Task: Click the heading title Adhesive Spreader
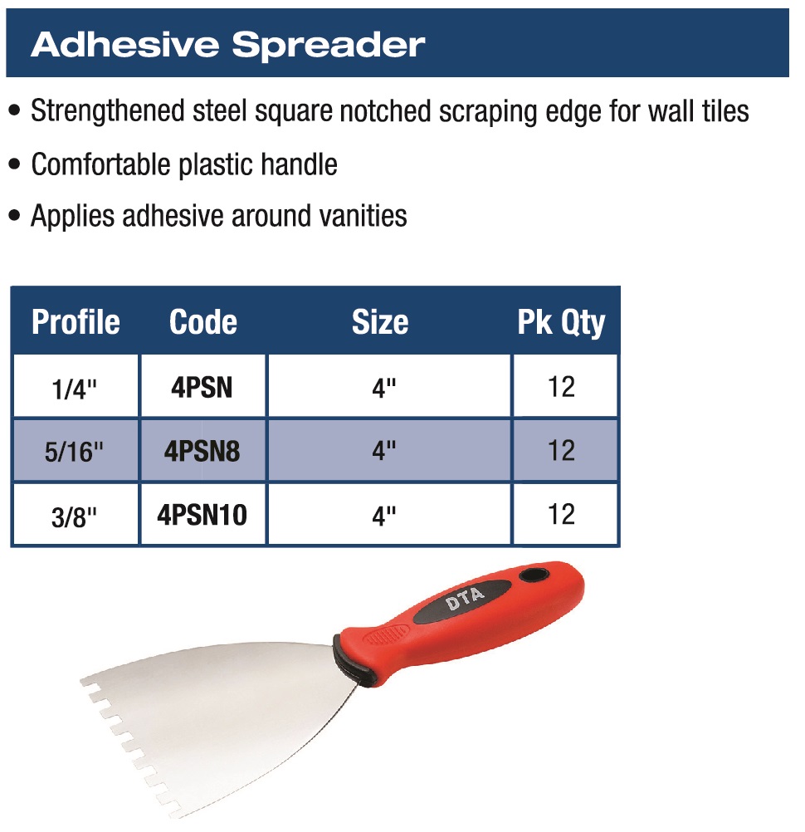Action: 228,45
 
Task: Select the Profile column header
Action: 76,322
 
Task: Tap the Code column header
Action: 202,322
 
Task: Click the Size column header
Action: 380,322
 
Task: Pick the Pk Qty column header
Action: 561,323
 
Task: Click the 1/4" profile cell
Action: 76,386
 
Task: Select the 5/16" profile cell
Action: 76,450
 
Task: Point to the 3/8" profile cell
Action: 76,514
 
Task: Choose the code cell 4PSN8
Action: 202,450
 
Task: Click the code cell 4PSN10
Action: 202,514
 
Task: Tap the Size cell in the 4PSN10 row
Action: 389,514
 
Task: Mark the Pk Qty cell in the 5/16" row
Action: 565,450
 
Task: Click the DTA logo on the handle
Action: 465,600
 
